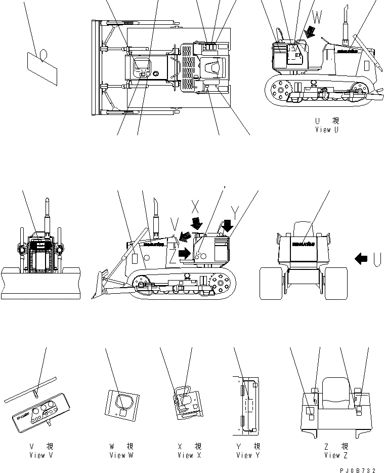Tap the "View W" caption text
(121, 455)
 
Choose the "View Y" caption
(248, 455)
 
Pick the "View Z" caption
(332, 455)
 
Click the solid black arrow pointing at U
(361, 259)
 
